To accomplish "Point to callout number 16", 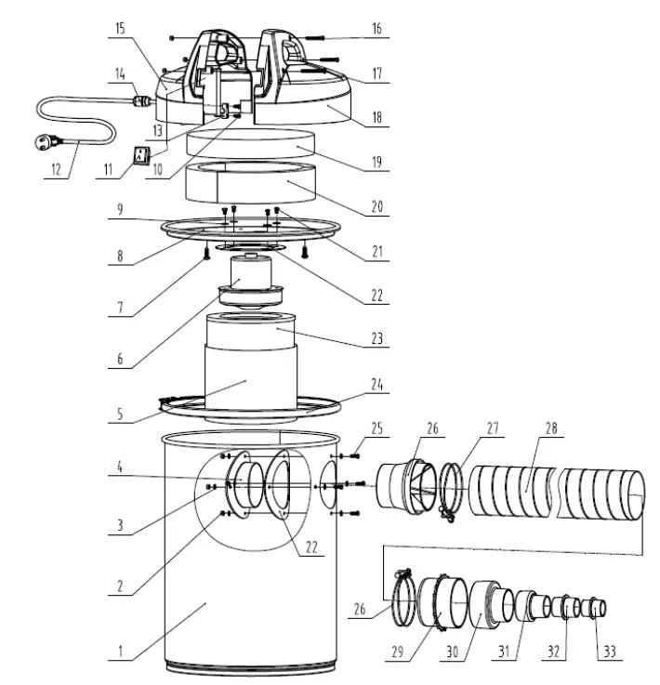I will [377, 30].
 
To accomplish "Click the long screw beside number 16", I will [312, 35].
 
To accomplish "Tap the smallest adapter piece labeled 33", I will [600, 609].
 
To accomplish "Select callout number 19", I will [377, 161].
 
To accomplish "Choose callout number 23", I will [377, 341].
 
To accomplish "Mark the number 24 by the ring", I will [377, 383].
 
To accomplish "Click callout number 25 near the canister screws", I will [377, 427].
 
